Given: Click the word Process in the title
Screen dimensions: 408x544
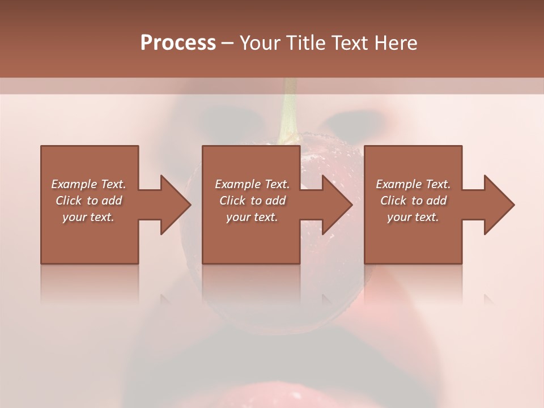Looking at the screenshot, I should (178, 43).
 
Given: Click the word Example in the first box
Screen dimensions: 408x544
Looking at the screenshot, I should (74, 184).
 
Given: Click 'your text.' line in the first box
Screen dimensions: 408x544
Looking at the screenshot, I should (88, 217).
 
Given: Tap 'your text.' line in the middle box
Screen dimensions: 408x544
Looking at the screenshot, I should (252, 217).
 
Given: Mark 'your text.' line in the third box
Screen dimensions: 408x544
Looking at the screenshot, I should (413, 217).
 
